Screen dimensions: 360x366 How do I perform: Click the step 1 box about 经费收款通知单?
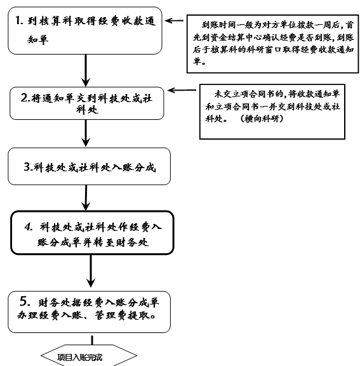pyautogui.click(x=85, y=30)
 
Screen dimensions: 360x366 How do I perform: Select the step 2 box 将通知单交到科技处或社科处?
pyautogui.click(x=87, y=103)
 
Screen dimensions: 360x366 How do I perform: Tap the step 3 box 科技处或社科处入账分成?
pyautogui.click(x=90, y=166)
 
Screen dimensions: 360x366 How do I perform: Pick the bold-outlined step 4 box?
pyautogui.click(x=92, y=233)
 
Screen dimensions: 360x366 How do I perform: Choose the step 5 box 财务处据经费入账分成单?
pyautogui.click(x=90, y=312)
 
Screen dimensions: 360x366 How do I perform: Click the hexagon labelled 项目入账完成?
pyautogui.click(x=89, y=355)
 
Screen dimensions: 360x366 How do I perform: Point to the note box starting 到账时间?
pyautogui.click(x=272, y=44)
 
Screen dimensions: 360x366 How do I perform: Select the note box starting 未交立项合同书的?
pyautogui.click(x=272, y=112)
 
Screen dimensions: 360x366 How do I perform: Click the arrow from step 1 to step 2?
pyautogui.click(x=86, y=70)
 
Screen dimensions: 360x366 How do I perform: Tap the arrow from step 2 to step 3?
pyautogui.click(x=86, y=133)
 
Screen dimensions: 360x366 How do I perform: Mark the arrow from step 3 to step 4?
pyautogui.click(x=86, y=198)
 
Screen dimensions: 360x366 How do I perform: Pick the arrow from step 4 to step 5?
pyautogui.click(x=91, y=271)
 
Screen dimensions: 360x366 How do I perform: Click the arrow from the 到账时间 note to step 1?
pyautogui.click(x=174, y=20)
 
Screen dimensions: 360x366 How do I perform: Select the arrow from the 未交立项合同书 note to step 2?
pyautogui.click(x=182, y=90)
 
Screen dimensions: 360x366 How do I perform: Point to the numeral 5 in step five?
pyautogui.click(x=24, y=301)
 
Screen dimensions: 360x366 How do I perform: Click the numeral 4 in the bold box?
pyautogui.click(x=28, y=227)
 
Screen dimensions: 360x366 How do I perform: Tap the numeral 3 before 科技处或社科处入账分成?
pyautogui.click(x=27, y=167)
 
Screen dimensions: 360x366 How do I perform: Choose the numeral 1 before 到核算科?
pyautogui.click(x=18, y=20)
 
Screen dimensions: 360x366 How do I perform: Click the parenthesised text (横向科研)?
pyautogui.click(x=262, y=119)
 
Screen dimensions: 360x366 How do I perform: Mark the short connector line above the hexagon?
pyautogui.click(x=92, y=340)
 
